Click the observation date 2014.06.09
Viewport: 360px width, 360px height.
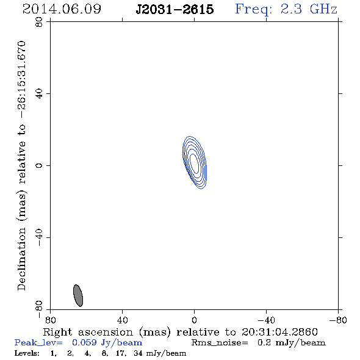(x=62, y=9)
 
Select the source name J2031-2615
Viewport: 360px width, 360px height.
(x=175, y=9)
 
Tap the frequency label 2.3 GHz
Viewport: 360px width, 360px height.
(x=309, y=9)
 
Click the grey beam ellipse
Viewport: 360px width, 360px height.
(x=78, y=295)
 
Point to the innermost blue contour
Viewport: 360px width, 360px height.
(x=194, y=164)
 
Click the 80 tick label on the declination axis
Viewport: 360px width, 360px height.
(x=39, y=22)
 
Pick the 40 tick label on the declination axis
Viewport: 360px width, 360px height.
(x=39, y=94)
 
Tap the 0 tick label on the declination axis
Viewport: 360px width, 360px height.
(x=39, y=165)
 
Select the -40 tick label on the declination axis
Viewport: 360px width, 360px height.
(x=39, y=237)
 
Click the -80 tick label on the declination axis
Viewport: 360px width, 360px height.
(x=39, y=309)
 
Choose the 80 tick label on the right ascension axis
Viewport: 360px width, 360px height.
(x=50, y=320)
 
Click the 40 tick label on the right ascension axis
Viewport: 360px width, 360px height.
(x=122, y=320)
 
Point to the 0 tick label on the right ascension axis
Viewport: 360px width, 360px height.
(x=194, y=320)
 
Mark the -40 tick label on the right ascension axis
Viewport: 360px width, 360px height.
(x=266, y=320)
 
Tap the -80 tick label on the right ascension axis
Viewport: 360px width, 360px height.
(x=338, y=320)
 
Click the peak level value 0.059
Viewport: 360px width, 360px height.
(x=84, y=342)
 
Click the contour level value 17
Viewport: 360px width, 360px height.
(x=121, y=353)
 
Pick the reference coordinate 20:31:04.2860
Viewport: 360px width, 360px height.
(x=279, y=332)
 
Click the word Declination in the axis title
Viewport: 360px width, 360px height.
(x=21, y=259)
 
